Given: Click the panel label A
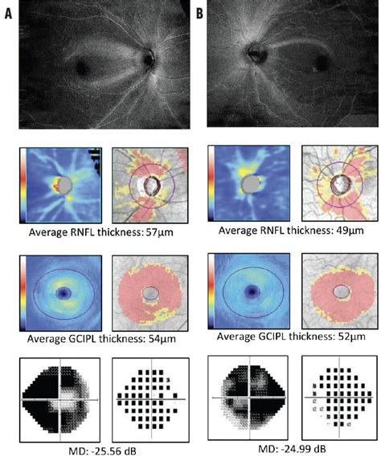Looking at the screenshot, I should (x=10, y=11).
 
